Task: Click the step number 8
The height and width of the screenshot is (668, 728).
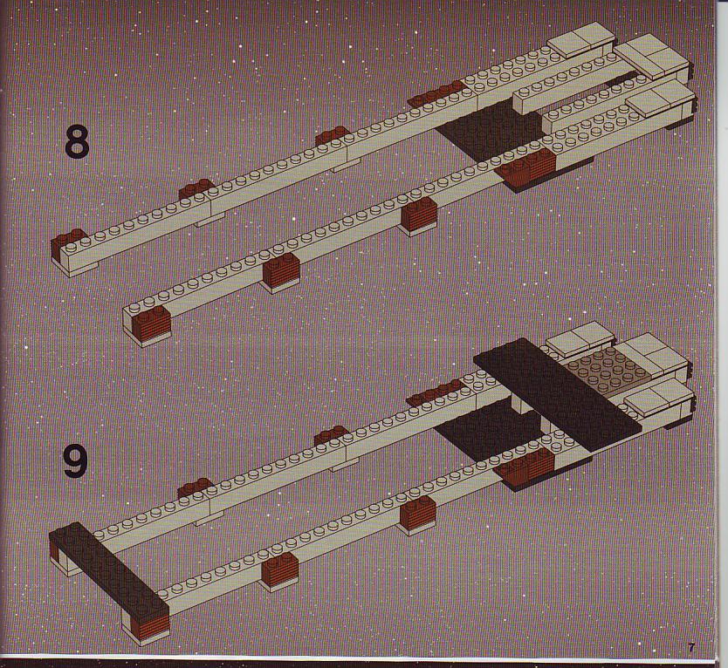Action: [x=77, y=140]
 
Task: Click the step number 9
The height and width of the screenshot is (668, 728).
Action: [x=76, y=460]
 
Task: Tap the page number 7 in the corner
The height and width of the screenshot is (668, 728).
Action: [x=691, y=648]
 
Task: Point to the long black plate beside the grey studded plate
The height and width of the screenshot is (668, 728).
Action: [x=557, y=394]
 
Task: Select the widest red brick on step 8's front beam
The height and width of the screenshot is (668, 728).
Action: [x=527, y=167]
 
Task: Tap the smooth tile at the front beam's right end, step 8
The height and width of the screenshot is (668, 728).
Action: [x=659, y=102]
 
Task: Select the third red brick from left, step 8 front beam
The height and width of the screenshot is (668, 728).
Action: [x=419, y=215]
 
